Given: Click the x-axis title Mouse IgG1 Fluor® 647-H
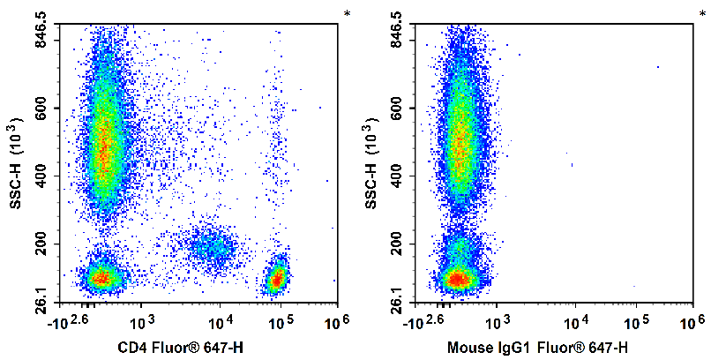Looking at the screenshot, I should pos(537,347).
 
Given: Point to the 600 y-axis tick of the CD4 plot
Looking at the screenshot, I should pos(44,109).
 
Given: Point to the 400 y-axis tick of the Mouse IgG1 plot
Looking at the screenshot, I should pos(400,176).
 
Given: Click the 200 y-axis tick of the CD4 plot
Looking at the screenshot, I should pos(44,244).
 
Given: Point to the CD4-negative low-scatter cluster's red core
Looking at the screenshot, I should pos(101,278).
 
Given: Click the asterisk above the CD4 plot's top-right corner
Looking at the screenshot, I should pos(348,13).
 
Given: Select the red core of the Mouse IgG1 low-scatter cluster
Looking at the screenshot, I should pos(456,279).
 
